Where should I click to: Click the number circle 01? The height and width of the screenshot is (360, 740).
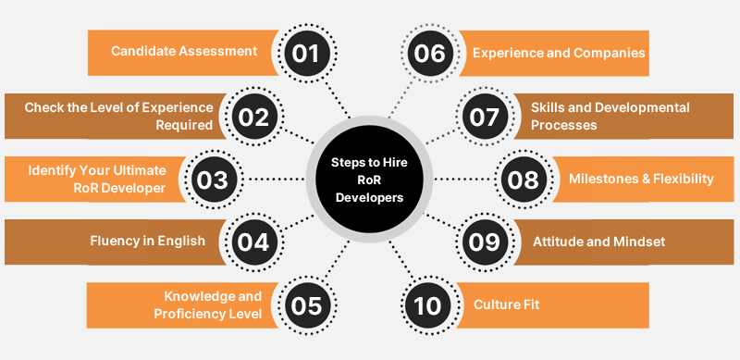pyautogui.click(x=305, y=53)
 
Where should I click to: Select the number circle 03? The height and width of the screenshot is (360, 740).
pyautogui.click(x=214, y=180)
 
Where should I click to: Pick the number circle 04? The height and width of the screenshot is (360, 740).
pyautogui.click(x=251, y=242)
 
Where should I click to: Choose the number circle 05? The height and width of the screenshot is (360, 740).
pyautogui.click(x=305, y=305)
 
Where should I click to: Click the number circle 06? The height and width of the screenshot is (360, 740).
pyautogui.click(x=430, y=53)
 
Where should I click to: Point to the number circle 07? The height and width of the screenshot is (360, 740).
pyautogui.click(x=484, y=117)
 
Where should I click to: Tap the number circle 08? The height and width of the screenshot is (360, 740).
pyautogui.click(x=523, y=180)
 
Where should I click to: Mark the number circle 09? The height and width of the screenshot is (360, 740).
pyautogui.click(x=484, y=242)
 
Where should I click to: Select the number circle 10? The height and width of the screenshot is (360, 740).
pyautogui.click(x=430, y=305)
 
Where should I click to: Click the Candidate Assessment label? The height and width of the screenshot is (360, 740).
pyautogui.click(x=184, y=51)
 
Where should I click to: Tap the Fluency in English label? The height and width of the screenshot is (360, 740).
pyautogui.click(x=149, y=242)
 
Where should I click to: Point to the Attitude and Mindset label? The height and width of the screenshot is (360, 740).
pyautogui.click(x=598, y=242)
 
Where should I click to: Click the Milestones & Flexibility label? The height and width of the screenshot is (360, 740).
pyautogui.click(x=641, y=179)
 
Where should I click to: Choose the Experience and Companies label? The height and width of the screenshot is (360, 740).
pyautogui.click(x=559, y=53)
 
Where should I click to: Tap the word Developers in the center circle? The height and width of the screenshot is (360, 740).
pyautogui.click(x=369, y=196)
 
